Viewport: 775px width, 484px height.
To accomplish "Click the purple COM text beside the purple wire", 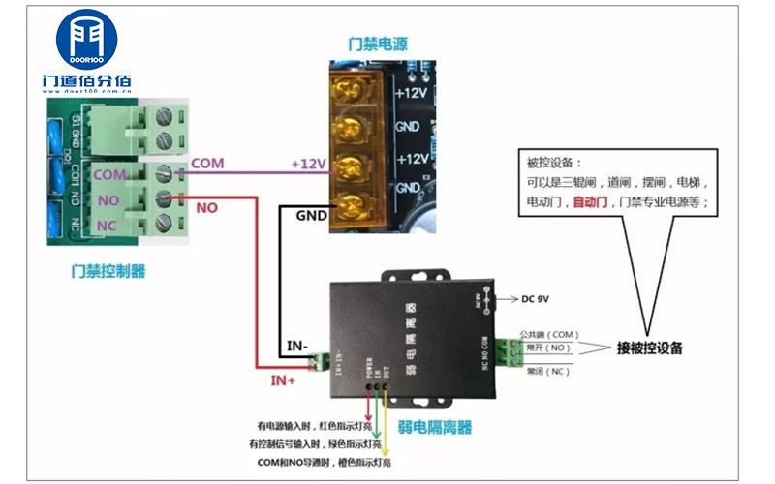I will tap(206, 164).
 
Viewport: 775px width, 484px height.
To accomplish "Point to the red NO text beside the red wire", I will tap(206, 207).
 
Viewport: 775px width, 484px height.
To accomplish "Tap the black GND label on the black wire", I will tap(310, 217).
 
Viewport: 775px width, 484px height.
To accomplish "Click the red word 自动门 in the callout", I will tap(590, 202).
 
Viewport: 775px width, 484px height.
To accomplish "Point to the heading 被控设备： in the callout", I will tap(555, 163).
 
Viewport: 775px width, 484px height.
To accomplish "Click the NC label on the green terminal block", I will tap(108, 226).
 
